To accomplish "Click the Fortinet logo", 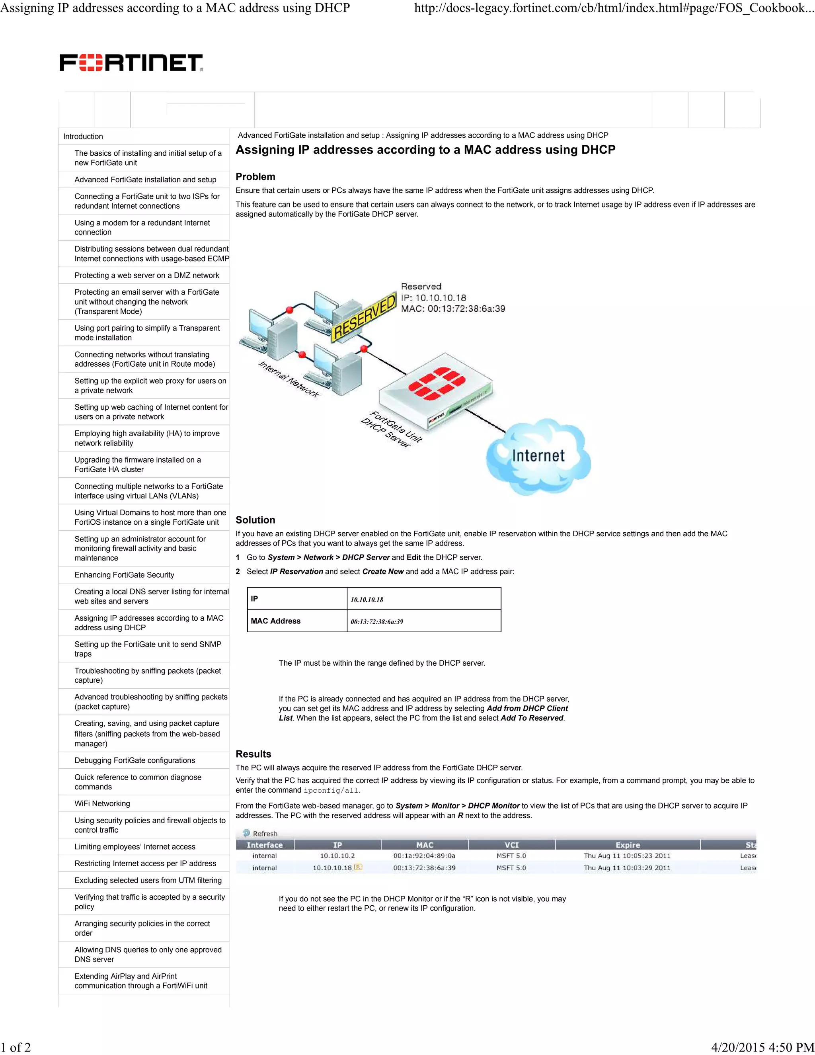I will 131,63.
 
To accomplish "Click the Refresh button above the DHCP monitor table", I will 261,833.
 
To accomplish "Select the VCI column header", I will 511,845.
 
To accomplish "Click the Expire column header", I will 627,845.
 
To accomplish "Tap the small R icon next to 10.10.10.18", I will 358,867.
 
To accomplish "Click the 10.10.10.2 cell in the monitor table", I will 337,856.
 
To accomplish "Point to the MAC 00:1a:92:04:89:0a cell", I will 424,856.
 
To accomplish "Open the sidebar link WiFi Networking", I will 102,803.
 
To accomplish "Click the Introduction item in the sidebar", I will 83,137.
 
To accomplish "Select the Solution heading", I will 255,520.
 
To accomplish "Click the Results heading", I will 253,754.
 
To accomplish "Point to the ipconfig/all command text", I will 331,791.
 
